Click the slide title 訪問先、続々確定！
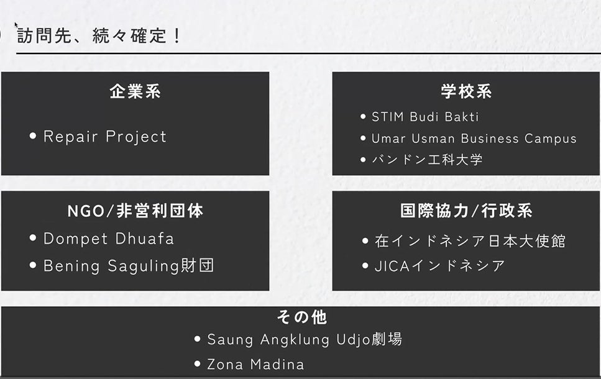98,35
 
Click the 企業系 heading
135,91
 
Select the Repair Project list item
105,137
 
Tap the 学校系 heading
466,91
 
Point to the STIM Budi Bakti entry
425,117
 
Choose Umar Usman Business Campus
474,139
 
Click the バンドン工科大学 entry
427,160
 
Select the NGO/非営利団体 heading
135,211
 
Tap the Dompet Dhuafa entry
109,239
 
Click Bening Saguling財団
129,265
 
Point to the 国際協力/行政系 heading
466,211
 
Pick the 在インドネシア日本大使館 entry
470,241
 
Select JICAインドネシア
439,266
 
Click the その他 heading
301,317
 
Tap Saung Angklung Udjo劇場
305,339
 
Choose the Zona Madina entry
255,365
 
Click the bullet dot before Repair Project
33,135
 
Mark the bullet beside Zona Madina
198,363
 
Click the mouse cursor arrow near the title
16,25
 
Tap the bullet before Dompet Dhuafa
33,238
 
